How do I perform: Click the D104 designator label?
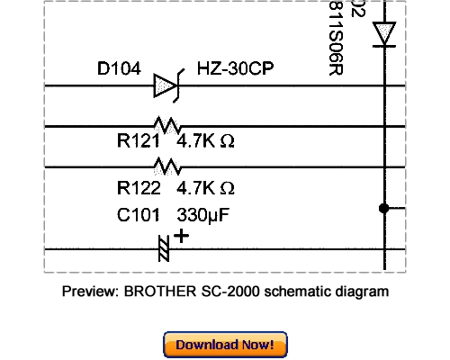coord(119,68)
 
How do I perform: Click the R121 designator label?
coord(139,141)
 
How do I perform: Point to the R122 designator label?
coord(139,188)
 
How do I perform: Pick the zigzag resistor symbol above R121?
coord(166,125)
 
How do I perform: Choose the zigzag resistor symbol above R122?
coord(166,166)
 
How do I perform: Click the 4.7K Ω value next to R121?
coord(206,141)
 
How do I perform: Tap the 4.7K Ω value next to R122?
coord(206,188)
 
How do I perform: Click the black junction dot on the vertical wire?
coord(384,208)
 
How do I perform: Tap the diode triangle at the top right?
coord(385,34)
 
